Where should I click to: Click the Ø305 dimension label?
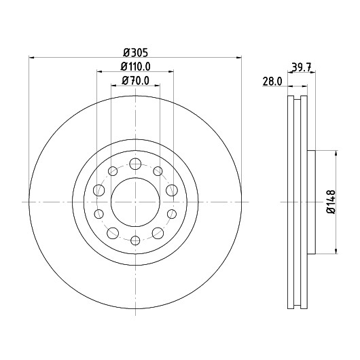(x=136, y=52)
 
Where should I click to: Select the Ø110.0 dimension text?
(x=136, y=67)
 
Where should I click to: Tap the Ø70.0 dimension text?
(x=136, y=81)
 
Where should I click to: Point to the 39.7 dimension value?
(x=301, y=67)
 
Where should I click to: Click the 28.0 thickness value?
(x=272, y=82)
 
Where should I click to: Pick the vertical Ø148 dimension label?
(x=331, y=202)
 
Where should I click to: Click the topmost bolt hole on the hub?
(x=135, y=164)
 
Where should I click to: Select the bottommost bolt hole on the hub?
(x=135, y=240)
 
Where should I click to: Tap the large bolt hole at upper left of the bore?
(x=99, y=190)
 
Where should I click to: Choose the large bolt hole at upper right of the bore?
(x=172, y=190)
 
